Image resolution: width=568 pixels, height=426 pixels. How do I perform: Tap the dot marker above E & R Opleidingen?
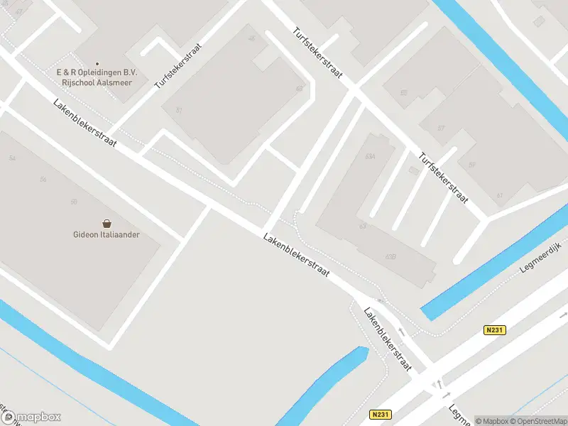pyautogui.click(x=97, y=64)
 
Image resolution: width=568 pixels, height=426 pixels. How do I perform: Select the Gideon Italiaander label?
pyautogui.click(x=106, y=234)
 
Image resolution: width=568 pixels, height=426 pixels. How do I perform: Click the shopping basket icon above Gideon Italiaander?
pyautogui.click(x=106, y=223)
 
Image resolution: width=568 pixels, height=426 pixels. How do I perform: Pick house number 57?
pyautogui.click(x=441, y=129)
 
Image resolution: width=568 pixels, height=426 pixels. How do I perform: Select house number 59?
pyautogui.click(x=471, y=165)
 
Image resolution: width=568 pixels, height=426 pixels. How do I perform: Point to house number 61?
pyautogui.click(x=499, y=195)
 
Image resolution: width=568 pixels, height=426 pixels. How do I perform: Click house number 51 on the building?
pyautogui.click(x=180, y=110)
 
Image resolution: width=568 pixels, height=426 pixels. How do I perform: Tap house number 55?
pyautogui.click(x=403, y=93)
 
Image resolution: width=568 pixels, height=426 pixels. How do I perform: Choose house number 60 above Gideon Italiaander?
pyautogui.click(x=74, y=202)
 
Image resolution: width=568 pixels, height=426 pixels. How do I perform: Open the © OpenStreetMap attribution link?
pyautogui.click(x=538, y=421)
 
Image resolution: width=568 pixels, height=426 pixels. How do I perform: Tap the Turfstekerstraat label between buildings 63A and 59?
pyautogui.click(x=444, y=178)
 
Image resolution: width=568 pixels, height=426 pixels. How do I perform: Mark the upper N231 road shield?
pyautogui.click(x=495, y=330)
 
